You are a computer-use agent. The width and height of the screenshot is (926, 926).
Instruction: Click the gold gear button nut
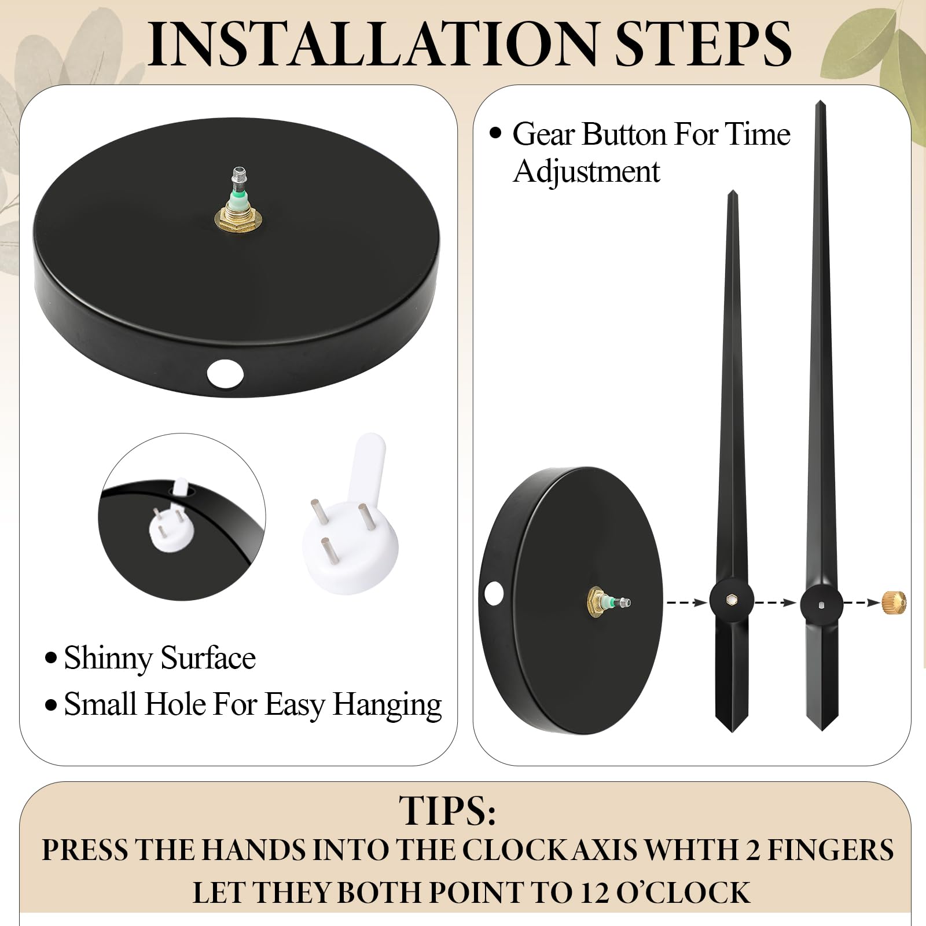[x=894, y=602]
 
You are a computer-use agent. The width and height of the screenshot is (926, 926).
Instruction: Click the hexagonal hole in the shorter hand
[x=732, y=602]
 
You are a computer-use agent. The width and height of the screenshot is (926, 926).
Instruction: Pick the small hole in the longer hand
[x=822, y=605]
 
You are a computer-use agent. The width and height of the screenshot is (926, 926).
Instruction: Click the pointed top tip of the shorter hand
[x=732, y=191]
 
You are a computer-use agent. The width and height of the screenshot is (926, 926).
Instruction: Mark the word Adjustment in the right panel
[x=586, y=172]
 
